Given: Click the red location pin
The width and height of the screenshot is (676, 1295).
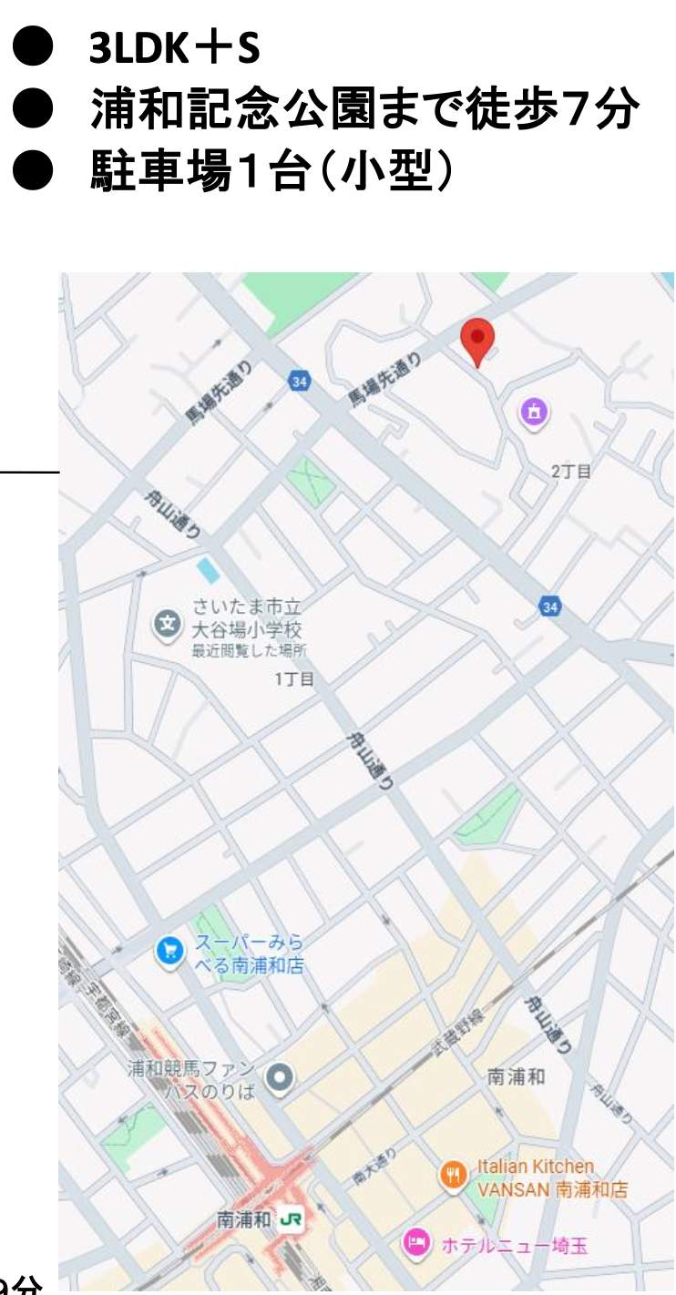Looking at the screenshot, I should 477,341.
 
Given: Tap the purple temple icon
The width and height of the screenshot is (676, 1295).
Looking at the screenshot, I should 535,412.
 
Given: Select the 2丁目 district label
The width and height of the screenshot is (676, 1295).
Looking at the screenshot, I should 571,471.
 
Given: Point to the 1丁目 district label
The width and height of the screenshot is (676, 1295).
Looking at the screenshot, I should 294,678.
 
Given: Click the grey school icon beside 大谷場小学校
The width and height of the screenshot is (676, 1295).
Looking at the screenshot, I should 168,624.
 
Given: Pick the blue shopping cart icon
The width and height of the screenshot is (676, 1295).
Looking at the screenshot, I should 169,952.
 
